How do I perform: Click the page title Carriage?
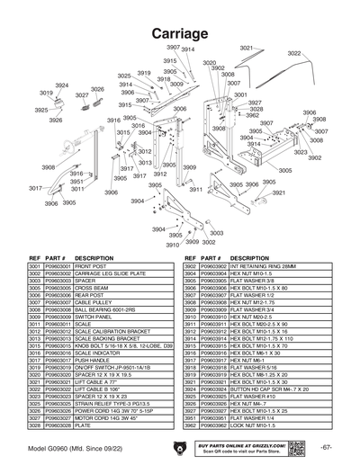point(180,33)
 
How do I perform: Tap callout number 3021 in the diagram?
point(246,48)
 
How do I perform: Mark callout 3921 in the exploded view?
point(279,192)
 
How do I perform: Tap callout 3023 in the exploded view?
point(301,152)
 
